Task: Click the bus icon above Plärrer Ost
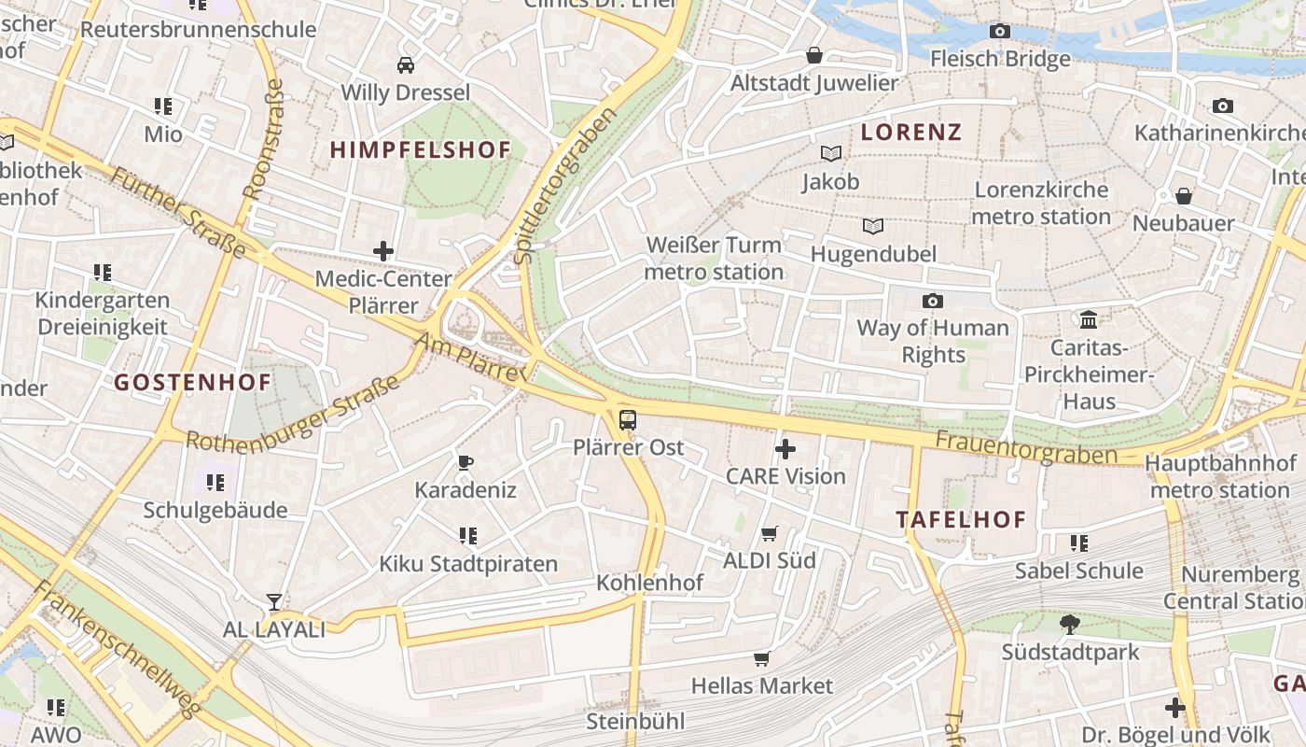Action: (x=628, y=420)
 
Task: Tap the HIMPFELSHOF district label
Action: (x=421, y=149)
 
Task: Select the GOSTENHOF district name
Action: (x=193, y=382)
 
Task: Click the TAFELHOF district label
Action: (x=961, y=520)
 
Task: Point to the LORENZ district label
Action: (x=910, y=133)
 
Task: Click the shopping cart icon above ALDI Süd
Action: (x=770, y=533)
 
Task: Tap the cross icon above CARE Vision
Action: (x=785, y=449)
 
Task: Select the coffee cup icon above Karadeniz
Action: (x=465, y=462)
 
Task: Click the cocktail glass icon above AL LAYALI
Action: (x=274, y=601)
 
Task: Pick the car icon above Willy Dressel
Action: (x=406, y=65)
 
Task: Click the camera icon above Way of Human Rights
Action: (x=932, y=301)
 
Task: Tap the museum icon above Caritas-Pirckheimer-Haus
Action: (x=1088, y=320)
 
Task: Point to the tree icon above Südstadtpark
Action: (x=1070, y=624)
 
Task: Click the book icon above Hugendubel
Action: (x=873, y=227)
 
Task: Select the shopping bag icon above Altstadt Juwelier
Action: (x=814, y=55)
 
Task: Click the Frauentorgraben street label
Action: (x=1026, y=447)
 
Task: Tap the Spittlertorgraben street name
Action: (x=565, y=185)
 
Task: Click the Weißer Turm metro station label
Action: (x=715, y=259)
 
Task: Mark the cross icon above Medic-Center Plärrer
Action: (x=383, y=251)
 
